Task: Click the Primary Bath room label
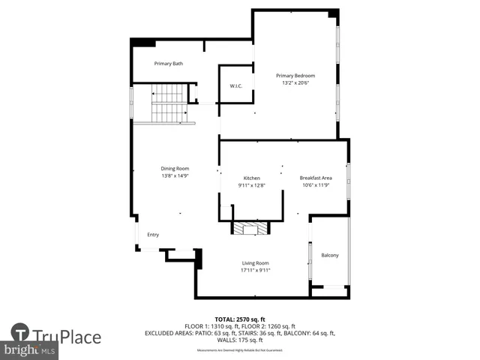tap(168, 64)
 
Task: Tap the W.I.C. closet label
tap(235, 86)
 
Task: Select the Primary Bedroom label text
tap(295, 76)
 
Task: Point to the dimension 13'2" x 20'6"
tap(295, 82)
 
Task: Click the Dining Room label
tap(174, 169)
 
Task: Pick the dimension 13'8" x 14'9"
tap(174, 176)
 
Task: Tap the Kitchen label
tap(251, 178)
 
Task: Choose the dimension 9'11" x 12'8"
tap(251, 185)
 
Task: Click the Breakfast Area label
tap(316, 178)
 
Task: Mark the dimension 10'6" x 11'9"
tap(316, 185)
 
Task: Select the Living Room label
tap(255, 263)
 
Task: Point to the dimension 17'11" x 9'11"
tap(255, 271)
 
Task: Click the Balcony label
tap(330, 256)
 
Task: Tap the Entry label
tap(153, 235)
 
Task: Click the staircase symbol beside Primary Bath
tap(169, 103)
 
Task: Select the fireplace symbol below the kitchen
tap(249, 229)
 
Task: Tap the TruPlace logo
tap(56, 336)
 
